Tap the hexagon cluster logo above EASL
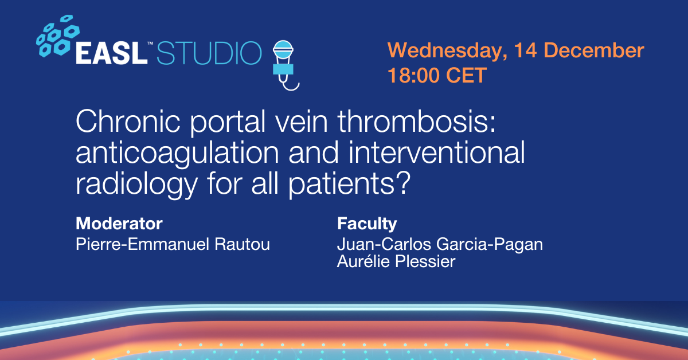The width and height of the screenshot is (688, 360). (x=58, y=36)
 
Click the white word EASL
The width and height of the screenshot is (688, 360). (x=111, y=53)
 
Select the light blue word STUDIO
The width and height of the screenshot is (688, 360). (x=209, y=53)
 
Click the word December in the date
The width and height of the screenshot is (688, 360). (x=594, y=50)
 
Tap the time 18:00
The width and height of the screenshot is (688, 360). (x=413, y=75)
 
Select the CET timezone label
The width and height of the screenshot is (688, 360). (x=466, y=75)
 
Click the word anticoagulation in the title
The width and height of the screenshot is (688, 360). (x=177, y=153)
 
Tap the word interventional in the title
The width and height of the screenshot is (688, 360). (x=437, y=152)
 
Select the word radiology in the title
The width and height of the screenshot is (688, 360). (x=136, y=184)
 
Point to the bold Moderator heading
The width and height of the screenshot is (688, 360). (x=119, y=224)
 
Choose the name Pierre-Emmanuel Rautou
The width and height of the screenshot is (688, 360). (x=173, y=244)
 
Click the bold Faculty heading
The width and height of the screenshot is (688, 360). (x=367, y=224)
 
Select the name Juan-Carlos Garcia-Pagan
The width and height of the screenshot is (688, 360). (x=440, y=245)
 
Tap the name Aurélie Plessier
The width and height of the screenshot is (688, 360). (x=396, y=261)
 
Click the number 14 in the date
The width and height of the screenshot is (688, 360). (x=526, y=50)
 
